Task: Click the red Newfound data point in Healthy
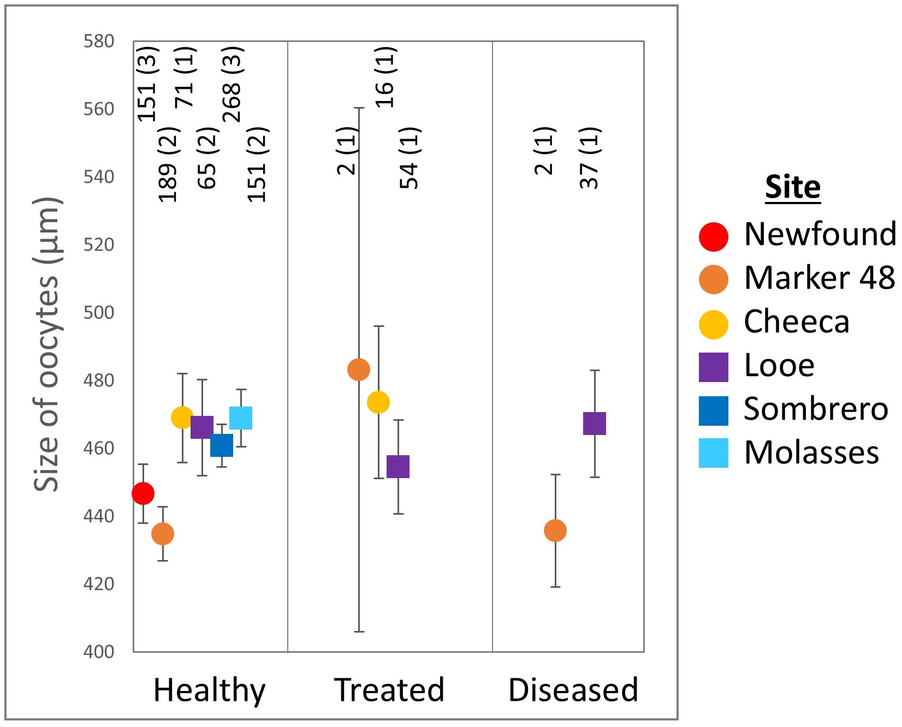tap(143, 493)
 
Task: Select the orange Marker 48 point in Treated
tap(359, 370)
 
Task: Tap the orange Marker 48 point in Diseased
tap(555, 531)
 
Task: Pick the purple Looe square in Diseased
tap(595, 424)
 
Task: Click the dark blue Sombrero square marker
tap(222, 445)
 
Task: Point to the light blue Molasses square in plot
tap(241, 418)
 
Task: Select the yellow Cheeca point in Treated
tap(378, 402)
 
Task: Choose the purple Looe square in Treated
tap(398, 467)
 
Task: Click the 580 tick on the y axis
tap(99, 41)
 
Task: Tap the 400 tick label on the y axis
tap(99, 651)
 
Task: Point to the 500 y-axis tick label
tap(99, 313)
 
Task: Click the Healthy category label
tap(209, 690)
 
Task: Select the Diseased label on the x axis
tap(573, 690)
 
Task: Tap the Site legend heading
tap(793, 187)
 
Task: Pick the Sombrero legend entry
tap(816, 409)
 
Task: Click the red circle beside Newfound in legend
tap(714, 237)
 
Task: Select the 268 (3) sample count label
tap(233, 85)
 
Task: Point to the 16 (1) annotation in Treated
tap(385, 78)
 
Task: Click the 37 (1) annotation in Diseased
tap(590, 158)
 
